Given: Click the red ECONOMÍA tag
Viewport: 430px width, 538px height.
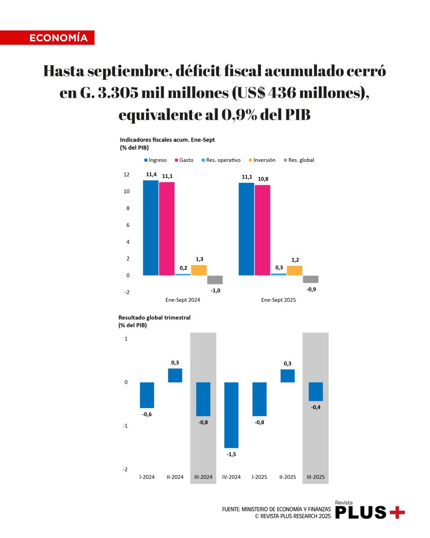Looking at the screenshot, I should [47, 38].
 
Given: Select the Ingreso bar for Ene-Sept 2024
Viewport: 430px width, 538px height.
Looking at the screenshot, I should [150, 228].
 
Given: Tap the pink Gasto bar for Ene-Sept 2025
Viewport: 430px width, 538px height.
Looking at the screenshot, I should [262, 230].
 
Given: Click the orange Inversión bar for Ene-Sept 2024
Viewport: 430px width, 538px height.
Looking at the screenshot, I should [199, 270].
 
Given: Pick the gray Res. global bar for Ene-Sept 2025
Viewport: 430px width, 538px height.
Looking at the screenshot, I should [310, 279].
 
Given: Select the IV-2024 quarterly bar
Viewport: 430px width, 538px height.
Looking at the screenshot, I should [232, 415].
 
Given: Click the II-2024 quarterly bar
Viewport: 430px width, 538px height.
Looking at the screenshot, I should [175, 375].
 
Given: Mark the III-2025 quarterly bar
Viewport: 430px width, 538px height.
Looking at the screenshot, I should [316, 391].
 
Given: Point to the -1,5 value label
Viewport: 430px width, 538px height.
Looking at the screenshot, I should [231, 454].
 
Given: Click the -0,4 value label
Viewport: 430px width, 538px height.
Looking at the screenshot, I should [316, 407].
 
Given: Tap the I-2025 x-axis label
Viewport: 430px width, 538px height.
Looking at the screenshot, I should [259, 477].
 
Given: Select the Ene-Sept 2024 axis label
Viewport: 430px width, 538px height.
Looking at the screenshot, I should [183, 299].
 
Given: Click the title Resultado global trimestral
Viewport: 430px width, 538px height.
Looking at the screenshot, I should [155, 317].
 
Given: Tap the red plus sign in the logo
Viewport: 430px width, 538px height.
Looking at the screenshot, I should [397, 512].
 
